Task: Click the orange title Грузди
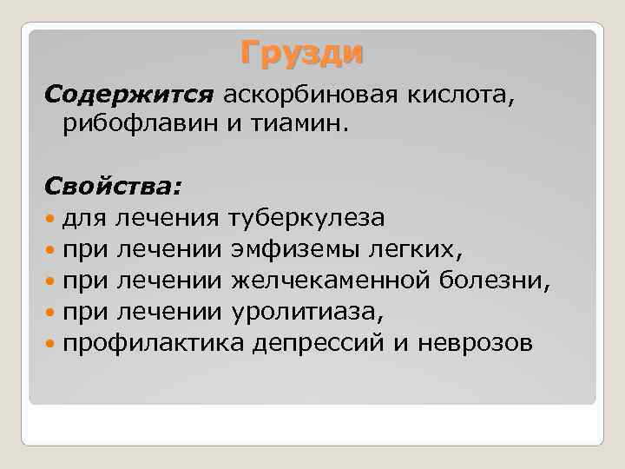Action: pyautogui.click(x=302, y=54)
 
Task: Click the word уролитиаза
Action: pyautogui.click(x=306, y=312)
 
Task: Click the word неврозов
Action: pyautogui.click(x=461, y=343)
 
